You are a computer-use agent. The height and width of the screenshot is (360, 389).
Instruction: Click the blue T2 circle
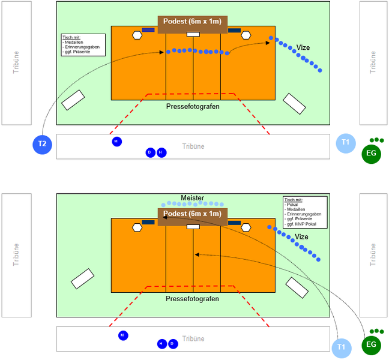43,144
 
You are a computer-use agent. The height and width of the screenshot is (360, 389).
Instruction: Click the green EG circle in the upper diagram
371,154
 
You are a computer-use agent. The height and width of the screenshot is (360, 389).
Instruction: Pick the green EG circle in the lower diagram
371,345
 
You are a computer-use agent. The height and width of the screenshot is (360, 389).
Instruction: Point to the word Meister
193,198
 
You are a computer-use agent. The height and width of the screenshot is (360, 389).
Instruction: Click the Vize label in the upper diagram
303,47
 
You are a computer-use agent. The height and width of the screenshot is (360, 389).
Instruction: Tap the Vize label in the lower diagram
301,237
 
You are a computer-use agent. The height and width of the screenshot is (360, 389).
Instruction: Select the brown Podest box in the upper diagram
193,22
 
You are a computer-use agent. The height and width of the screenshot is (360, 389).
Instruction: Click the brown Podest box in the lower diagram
193,214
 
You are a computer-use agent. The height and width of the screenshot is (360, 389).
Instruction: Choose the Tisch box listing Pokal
305,212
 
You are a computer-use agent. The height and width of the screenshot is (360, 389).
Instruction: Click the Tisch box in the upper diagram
83,45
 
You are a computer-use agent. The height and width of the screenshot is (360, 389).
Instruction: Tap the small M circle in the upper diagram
116,142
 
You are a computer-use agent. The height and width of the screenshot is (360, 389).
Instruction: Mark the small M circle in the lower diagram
122,335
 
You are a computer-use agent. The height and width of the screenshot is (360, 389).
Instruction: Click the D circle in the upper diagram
150,153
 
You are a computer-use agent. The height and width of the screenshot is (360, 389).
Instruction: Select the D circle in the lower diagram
173,344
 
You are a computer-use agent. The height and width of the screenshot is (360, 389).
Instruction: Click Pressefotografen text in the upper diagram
193,106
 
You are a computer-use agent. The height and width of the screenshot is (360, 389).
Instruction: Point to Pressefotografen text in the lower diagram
193,298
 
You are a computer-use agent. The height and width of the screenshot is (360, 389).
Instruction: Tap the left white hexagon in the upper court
137,35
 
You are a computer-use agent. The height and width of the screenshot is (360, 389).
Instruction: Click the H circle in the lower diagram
161,344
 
